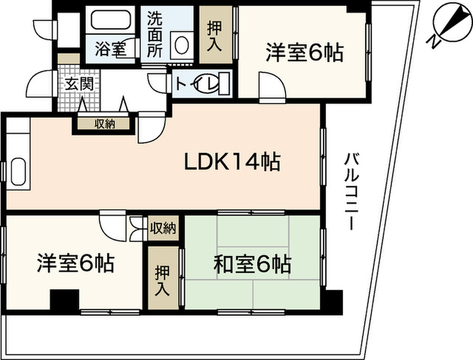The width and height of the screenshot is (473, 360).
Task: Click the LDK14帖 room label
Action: pyautogui.click(x=232, y=162)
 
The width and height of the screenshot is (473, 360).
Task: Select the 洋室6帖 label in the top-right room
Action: pyautogui.click(x=303, y=53)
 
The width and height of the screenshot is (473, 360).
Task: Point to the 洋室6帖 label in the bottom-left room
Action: pyautogui.click(x=76, y=264)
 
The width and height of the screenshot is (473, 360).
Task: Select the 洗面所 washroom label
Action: pyautogui.click(x=155, y=35)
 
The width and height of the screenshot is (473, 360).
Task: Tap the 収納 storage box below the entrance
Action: pyautogui.click(x=105, y=124)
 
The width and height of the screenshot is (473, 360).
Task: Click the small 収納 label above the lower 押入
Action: pyautogui.click(x=163, y=228)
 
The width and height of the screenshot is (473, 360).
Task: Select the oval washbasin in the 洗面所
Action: pyautogui.click(x=181, y=45)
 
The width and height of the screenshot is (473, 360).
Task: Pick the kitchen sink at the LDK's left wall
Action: pyautogui.click(x=18, y=172)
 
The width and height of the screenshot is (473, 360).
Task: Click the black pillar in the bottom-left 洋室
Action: pyautogui.click(x=64, y=300)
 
